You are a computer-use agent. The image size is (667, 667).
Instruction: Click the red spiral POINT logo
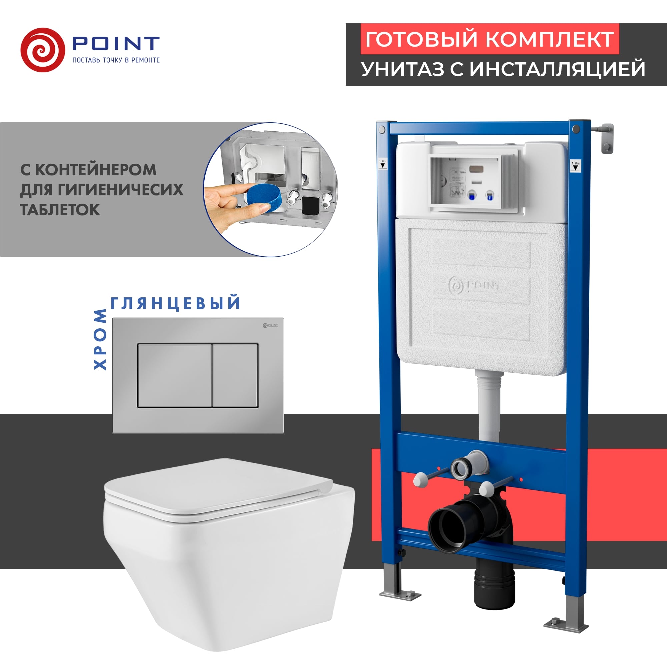pyautogui.click(x=42, y=50)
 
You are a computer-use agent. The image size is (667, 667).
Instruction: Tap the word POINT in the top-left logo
pyautogui.click(x=116, y=44)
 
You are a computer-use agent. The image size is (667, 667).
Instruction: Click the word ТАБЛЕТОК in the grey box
pyautogui.click(x=60, y=210)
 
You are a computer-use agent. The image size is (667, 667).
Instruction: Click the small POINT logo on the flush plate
pyautogui.click(x=270, y=325)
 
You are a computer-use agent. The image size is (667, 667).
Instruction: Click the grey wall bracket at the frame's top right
pyautogui.click(x=607, y=138)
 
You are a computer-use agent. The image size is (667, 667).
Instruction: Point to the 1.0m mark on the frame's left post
pyautogui.click(x=383, y=163)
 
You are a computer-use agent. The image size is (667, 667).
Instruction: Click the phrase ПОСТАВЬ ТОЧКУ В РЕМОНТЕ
pyautogui.click(x=116, y=60)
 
